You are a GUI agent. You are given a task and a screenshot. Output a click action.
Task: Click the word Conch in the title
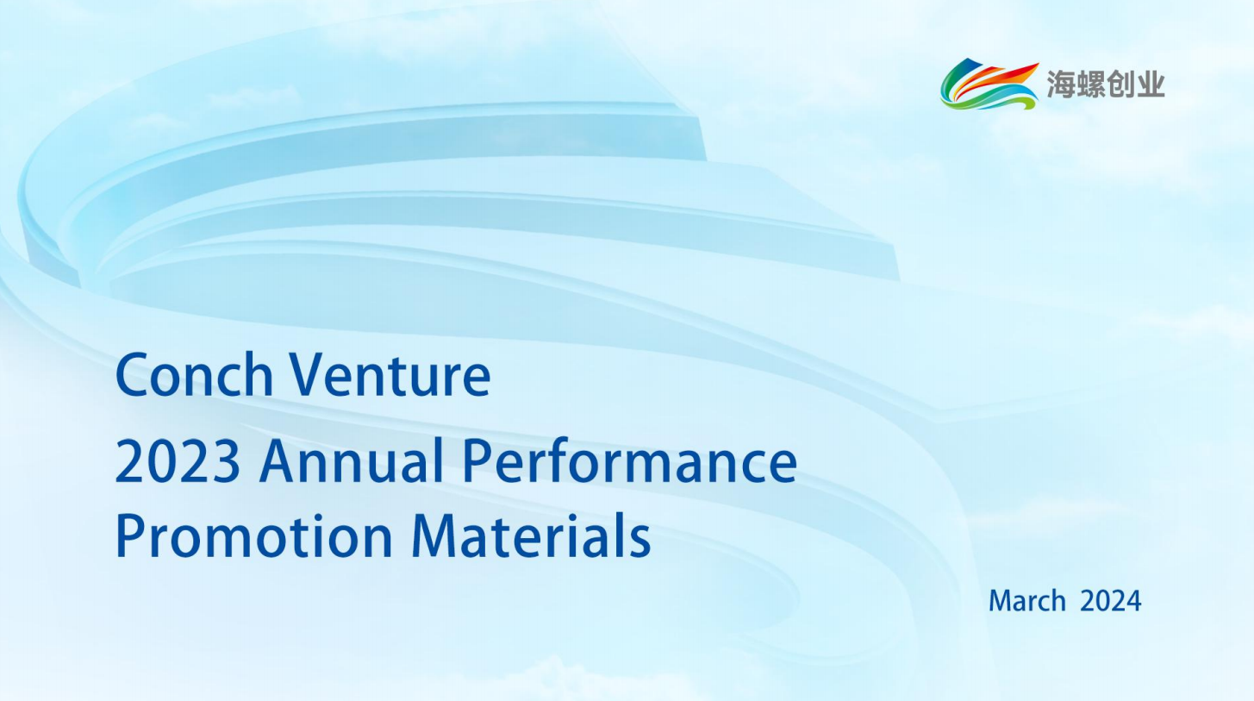pyautogui.click(x=194, y=374)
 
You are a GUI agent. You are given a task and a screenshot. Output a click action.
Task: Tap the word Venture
pyautogui.click(x=390, y=375)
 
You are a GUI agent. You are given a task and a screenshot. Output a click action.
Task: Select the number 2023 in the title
pyautogui.click(x=178, y=462)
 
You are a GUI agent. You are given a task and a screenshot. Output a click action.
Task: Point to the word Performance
pyautogui.click(x=630, y=461)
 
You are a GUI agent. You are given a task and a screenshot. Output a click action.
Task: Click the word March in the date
pyautogui.click(x=1027, y=601)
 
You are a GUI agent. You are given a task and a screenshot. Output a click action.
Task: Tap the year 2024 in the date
pyautogui.click(x=1110, y=601)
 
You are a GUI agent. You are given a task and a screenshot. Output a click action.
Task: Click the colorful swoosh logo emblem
pyautogui.click(x=989, y=84)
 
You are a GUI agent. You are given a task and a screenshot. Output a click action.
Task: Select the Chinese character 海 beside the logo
pyautogui.click(x=1061, y=84)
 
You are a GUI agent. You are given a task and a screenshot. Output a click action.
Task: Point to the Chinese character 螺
pyautogui.click(x=1090, y=84)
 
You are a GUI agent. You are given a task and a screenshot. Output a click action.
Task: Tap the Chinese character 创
pyautogui.click(x=1120, y=84)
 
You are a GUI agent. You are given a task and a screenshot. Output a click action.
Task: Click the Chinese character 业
pyautogui.click(x=1150, y=84)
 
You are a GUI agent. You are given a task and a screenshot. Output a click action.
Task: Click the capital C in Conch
pyautogui.click(x=133, y=375)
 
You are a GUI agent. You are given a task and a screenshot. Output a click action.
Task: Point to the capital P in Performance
pyautogui.click(x=478, y=462)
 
